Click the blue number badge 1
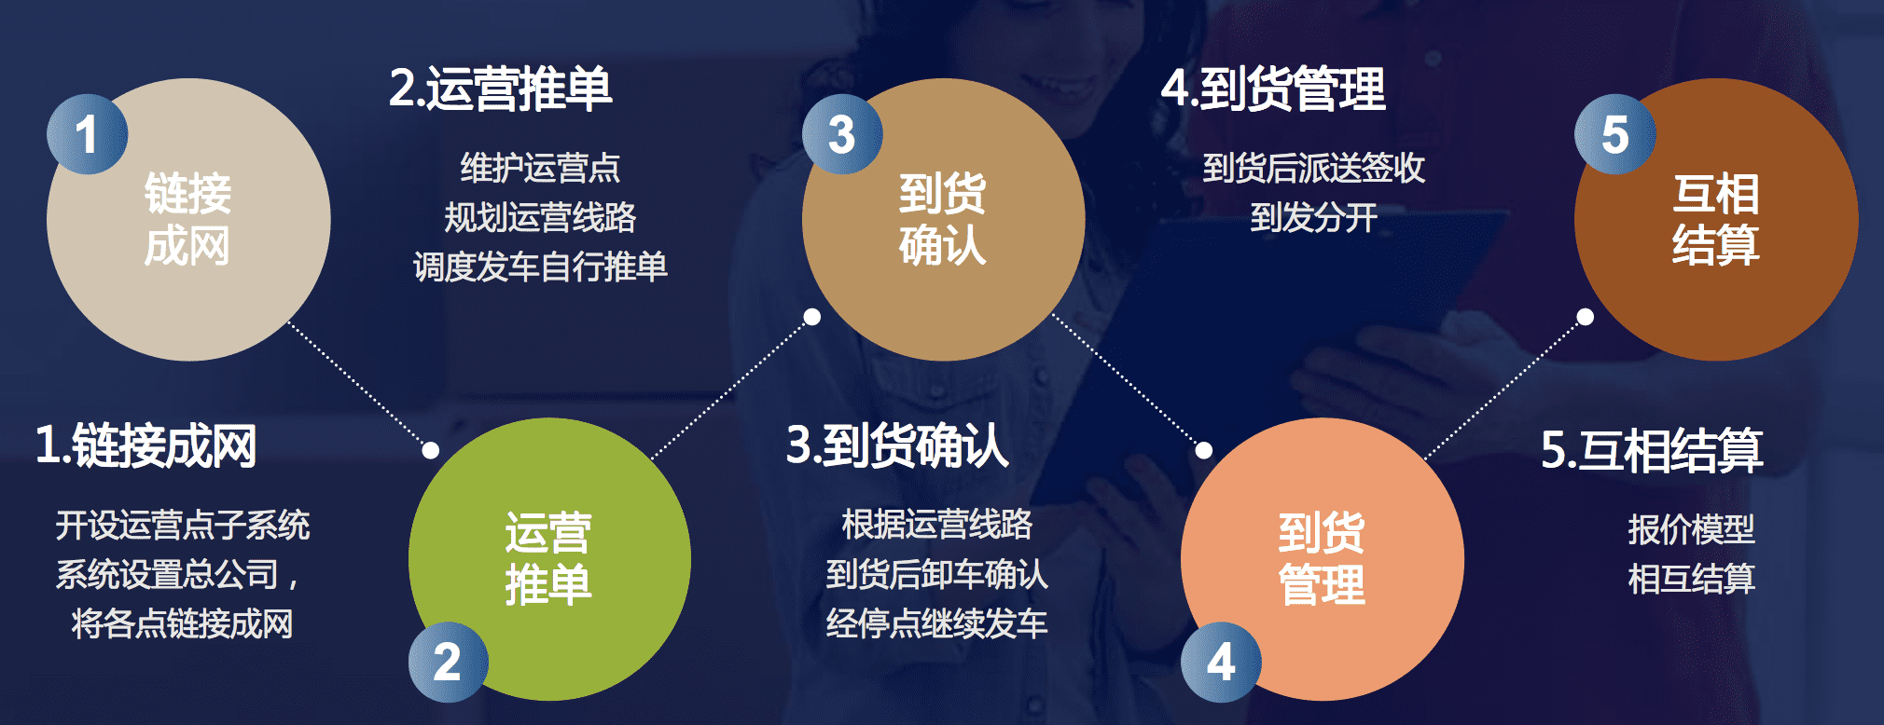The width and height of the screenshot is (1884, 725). (x=87, y=134)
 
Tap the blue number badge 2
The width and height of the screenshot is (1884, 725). (x=449, y=662)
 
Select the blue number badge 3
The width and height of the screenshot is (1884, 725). (x=842, y=134)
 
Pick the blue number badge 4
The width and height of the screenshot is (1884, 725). (x=1221, y=662)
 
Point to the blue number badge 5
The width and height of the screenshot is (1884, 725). (x=1614, y=134)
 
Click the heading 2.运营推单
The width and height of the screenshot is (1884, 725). (x=500, y=89)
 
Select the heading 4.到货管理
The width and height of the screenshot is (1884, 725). (x=1273, y=89)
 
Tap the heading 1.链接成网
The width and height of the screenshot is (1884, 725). (x=145, y=445)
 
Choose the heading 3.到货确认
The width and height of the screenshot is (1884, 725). (x=897, y=445)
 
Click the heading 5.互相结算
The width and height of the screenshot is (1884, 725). (x=1652, y=450)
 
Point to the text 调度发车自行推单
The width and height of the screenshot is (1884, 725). (x=540, y=267)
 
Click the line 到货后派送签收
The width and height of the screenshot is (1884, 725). (x=1313, y=168)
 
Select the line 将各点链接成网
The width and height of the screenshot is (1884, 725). (x=182, y=623)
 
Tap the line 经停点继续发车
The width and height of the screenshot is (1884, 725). (x=936, y=623)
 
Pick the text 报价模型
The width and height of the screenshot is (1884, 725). (x=1691, y=529)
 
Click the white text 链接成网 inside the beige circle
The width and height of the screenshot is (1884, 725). (x=187, y=220)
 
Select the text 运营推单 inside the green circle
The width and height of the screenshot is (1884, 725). (x=548, y=559)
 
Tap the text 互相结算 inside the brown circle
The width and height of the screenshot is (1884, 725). (x=1716, y=220)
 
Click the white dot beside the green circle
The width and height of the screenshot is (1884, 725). (x=431, y=450)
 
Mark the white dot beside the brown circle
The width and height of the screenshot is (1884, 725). (x=1585, y=317)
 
